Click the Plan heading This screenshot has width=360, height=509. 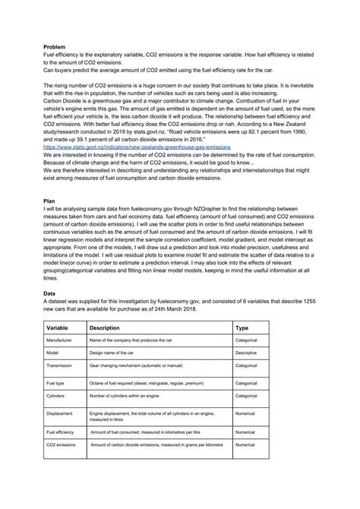tap(49, 201)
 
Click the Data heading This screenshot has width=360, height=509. tap(50, 294)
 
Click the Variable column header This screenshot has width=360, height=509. tap(59, 327)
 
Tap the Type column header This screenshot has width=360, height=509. tap(243, 327)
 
